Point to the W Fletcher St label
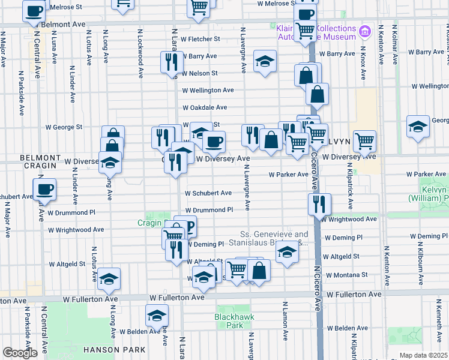200,39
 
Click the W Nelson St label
200,73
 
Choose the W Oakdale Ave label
205,107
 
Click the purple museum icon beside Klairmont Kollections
364,31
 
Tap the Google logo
20,353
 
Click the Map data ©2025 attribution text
423,355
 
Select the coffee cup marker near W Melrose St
34,10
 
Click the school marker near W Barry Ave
264,61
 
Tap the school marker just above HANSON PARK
156,315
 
